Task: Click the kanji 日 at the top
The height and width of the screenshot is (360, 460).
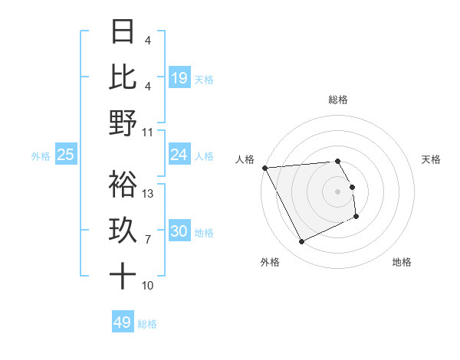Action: (x=123, y=31)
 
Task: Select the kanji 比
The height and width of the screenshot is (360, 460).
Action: (x=123, y=77)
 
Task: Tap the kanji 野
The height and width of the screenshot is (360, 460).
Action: (x=123, y=123)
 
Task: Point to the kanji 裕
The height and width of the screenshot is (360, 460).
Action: (x=123, y=184)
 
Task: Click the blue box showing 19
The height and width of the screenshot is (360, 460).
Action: (x=179, y=77)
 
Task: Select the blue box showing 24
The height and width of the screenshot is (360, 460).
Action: (x=179, y=155)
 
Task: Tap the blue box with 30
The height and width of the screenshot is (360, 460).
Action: (x=179, y=232)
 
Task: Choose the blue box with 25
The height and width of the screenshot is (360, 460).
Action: (x=66, y=155)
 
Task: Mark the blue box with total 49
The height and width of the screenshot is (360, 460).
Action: (x=123, y=322)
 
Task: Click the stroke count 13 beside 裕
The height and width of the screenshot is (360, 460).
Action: (x=149, y=194)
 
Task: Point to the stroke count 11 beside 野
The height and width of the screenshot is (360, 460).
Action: (x=149, y=133)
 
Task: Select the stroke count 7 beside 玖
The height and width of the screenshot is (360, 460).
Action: (x=149, y=240)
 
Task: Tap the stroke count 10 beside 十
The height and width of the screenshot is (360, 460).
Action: (x=149, y=286)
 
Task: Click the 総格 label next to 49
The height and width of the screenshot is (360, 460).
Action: (x=147, y=324)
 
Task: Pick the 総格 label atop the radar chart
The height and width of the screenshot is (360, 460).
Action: (x=338, y=100)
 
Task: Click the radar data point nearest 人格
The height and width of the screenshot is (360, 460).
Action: (x=264, y=168)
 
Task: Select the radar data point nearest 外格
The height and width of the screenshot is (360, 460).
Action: (x=301, y=242)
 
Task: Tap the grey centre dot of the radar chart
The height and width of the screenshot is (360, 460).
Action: (x=338, y=191)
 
